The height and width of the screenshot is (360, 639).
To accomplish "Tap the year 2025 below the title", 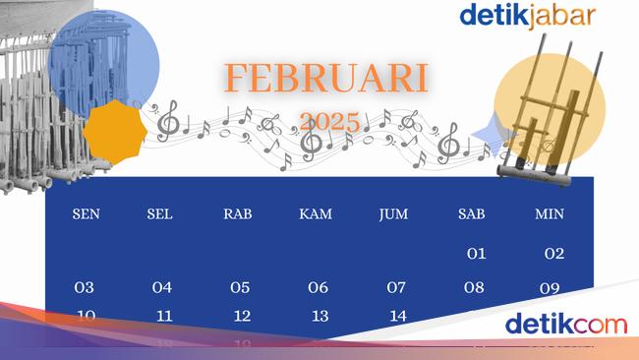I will tap(329, 122).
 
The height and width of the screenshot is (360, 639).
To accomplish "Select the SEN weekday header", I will tap(86, 214).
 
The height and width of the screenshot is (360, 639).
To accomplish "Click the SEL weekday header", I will tap(161, 214).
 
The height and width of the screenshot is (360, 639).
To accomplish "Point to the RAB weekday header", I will tap(239, 214).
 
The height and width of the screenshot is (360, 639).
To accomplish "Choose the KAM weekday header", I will tap(316, 214).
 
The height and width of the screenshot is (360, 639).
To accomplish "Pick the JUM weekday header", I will tap(393, 214).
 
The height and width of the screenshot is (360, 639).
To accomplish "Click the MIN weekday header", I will tap(550, 214).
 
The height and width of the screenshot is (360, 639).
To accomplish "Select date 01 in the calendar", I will tap(476, 254).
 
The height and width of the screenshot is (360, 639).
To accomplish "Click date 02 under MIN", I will tap(554, 254).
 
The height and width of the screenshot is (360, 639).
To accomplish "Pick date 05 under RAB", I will tap(240, 288).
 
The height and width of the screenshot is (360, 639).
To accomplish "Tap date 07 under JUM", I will tap(396, 288).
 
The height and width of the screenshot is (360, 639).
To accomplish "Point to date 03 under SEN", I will tap(85, 288).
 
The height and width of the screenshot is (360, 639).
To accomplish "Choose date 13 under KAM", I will tap(319, 316).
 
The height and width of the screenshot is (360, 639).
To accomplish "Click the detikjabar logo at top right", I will tap(527, 16).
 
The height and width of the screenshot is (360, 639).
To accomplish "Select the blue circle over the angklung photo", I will tap(104, 62).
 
